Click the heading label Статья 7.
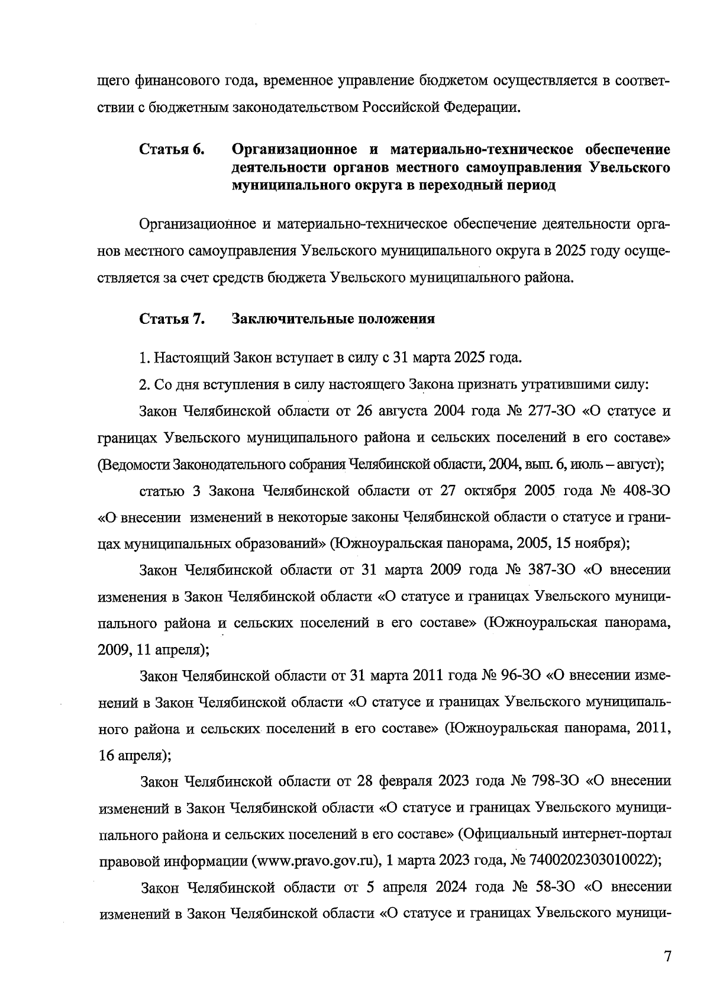pos(172,319)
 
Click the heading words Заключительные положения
pos(333,319)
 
